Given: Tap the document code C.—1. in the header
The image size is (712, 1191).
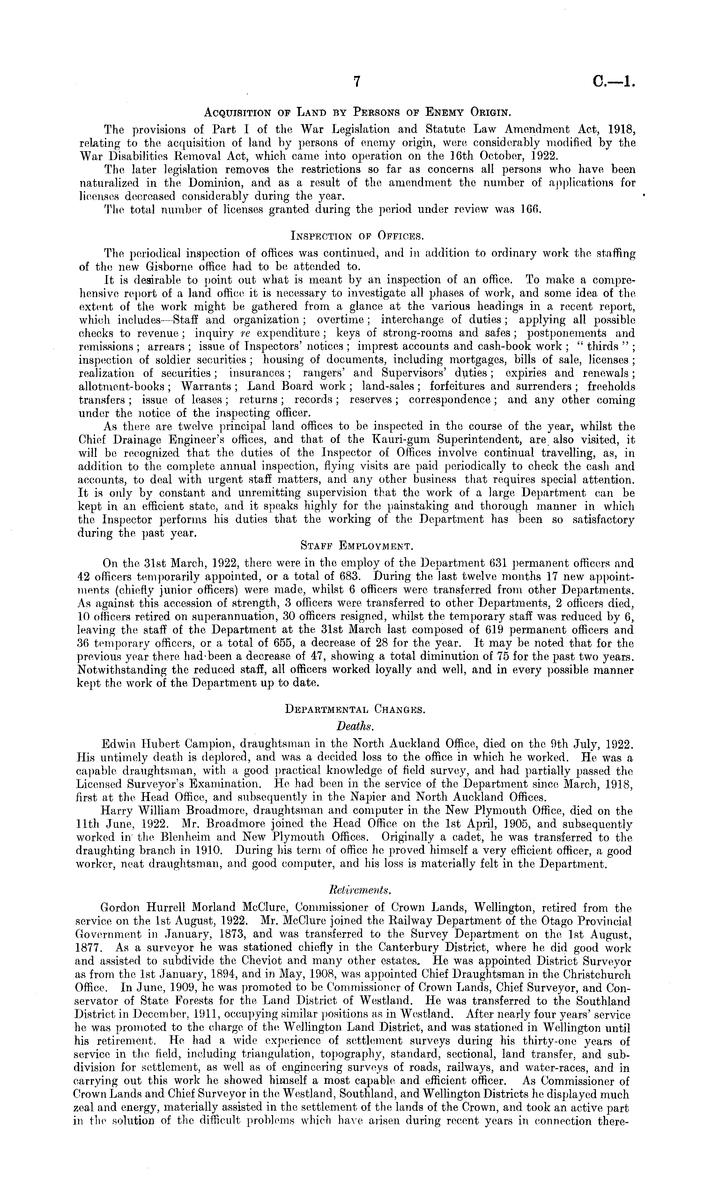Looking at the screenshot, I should [x=613, y=83].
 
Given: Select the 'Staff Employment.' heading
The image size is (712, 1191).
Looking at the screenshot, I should [x=355, y=546].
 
